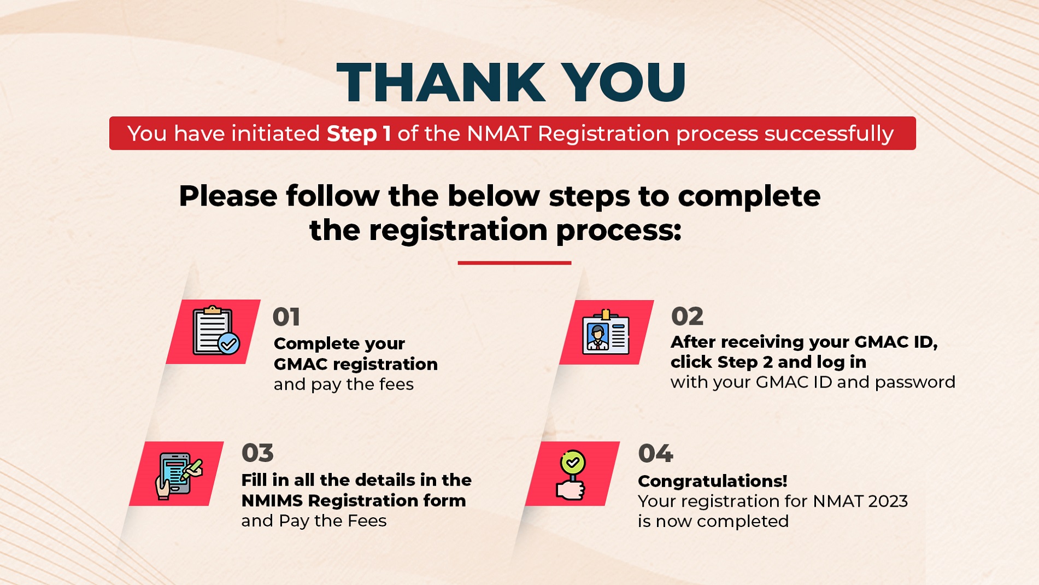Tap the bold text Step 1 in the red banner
tap(359, 133)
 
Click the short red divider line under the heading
tap(514, 263)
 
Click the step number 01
tap(286, 317)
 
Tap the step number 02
tap(687, 316)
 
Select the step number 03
tap(257, 453)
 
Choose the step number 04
tap(655, 453)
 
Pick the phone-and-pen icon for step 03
tap(179, 475)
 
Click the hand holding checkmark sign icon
tap(572, 475)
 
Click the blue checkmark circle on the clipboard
tap(228, 343)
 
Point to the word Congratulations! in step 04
tap(713, 481)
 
